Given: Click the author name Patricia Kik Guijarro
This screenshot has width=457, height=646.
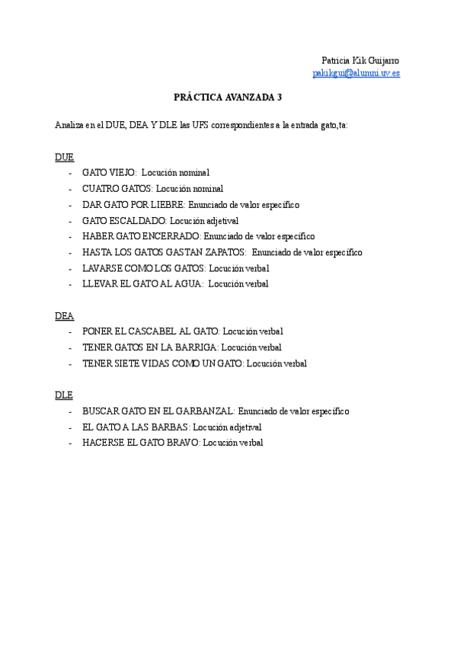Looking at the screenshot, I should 360,60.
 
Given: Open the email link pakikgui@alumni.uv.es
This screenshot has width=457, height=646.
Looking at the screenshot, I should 356,73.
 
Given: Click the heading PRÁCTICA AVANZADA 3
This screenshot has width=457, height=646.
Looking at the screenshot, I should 228,98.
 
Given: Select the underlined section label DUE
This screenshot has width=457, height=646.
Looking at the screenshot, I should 64,156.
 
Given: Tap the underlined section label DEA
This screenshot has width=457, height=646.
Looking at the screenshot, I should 64,315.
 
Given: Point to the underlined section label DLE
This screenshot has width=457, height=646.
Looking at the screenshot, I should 64,395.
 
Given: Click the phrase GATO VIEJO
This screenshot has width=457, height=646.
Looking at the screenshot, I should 109,173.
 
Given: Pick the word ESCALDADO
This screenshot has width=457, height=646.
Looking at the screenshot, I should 137,220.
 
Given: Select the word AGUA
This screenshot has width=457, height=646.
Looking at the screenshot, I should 188,284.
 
